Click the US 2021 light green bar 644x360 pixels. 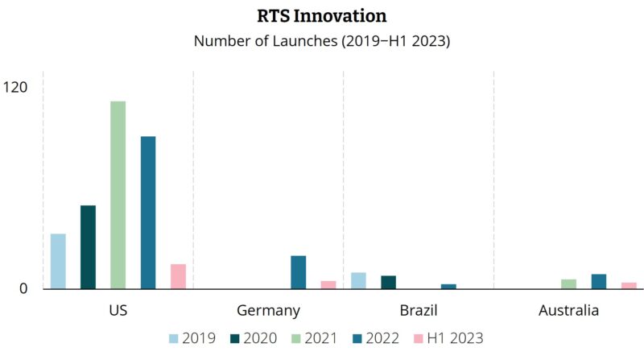(x=118, y=195)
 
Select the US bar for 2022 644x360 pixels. (x=148, y=213)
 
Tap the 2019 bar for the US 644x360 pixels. (x=58, y=261)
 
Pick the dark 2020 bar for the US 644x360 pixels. (x=88, y=247)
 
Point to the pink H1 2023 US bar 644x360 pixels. (x=178, y=276)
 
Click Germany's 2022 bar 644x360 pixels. (x=298, y=272)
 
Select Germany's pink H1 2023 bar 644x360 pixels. (x=328, y=284)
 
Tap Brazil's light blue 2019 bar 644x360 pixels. (x=358, y=280)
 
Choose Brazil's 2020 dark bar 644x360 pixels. (x=388, y=282)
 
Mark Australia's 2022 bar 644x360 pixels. (x=599, y=281)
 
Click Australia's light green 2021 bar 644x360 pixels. (x=568, y=283)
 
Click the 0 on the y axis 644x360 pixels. (x=25, y=288)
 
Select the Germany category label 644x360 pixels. (x=268, y=310)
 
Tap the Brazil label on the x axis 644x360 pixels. (x=419, y=310)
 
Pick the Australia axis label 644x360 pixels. (x=568, y=310)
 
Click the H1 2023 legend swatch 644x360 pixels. (x=419, y=338)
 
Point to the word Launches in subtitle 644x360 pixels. (x=298, y=41)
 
